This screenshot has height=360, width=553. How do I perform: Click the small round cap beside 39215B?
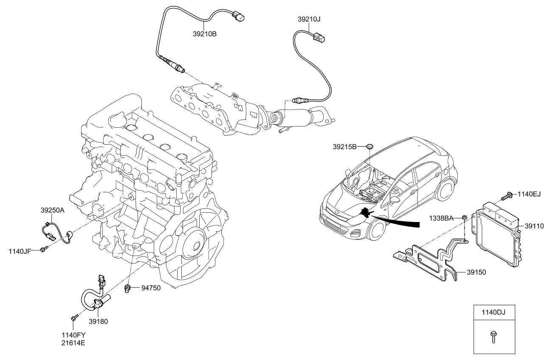pyautogui.click(x=370, y=146)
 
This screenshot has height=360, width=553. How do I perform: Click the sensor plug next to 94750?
pyautogui.click(x=127, y=289)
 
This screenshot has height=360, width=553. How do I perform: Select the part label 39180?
pyautogui.click(x=98, y=321)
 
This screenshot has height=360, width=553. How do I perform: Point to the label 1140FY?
pyautogui.click(x=73, y=335)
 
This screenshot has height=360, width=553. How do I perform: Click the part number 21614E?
pyautogui.click(x=73, y=342)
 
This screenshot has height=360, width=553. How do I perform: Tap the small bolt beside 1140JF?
pyautogui.click(x=43, y=250)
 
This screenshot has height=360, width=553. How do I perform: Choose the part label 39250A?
pyautogui.click(x=53, y=210)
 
